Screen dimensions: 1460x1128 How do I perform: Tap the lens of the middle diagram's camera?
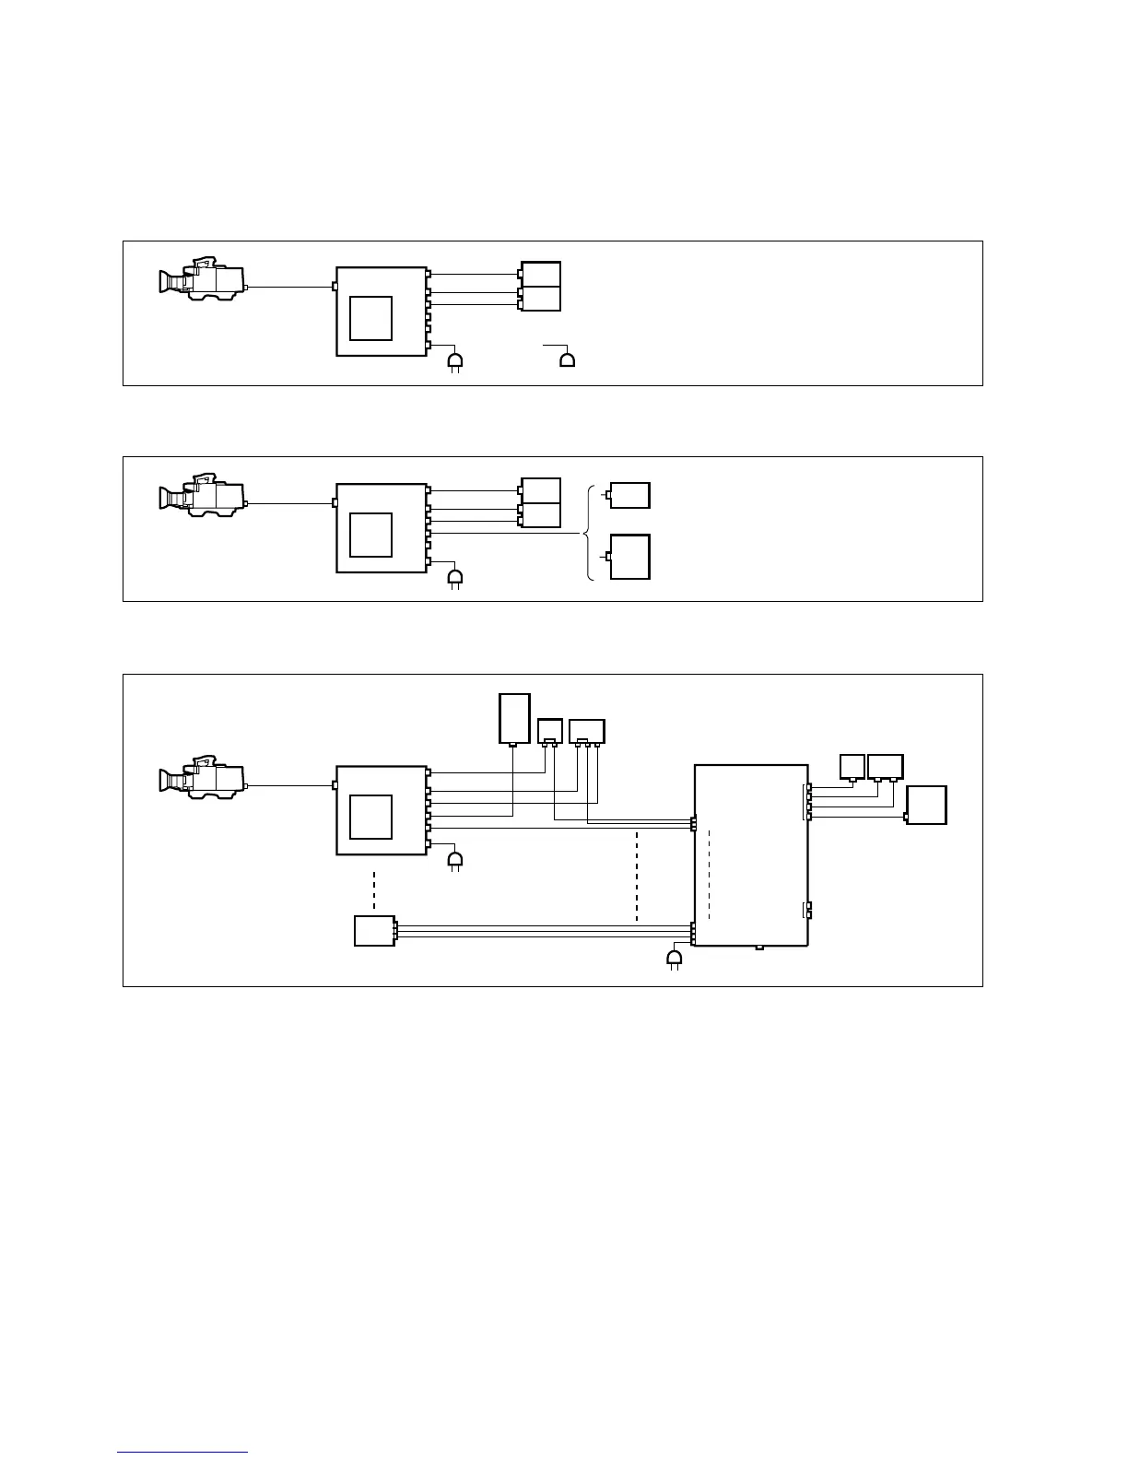click(x=169, y=499)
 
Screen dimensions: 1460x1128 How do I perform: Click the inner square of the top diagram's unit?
click(x=371, y=318)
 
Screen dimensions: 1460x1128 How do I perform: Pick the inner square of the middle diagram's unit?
click(x=371, y=535)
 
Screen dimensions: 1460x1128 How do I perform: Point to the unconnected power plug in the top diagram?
click(x=568, y=359)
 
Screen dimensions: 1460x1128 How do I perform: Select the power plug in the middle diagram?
click(x=454, y=578)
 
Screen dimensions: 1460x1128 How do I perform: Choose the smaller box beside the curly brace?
click(x=630, y=495)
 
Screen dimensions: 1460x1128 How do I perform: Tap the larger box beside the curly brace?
click(x=630, y=557)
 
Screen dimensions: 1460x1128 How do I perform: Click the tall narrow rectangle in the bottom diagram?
click(x=514, y=718)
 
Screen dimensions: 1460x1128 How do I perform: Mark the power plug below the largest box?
click(x=675, y=960)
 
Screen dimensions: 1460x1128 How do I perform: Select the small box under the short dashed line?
click(x=374, y=931)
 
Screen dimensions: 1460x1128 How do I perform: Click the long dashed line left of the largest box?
click(x=637, y=875)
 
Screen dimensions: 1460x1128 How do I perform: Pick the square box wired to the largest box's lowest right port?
click(x=927, y=806)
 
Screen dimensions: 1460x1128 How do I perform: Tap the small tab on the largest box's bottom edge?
click(x=758, y=947)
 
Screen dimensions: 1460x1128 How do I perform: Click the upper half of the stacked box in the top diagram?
click(x=541, y=274)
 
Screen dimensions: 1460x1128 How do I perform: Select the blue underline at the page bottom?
click(x=182, y=1453)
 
